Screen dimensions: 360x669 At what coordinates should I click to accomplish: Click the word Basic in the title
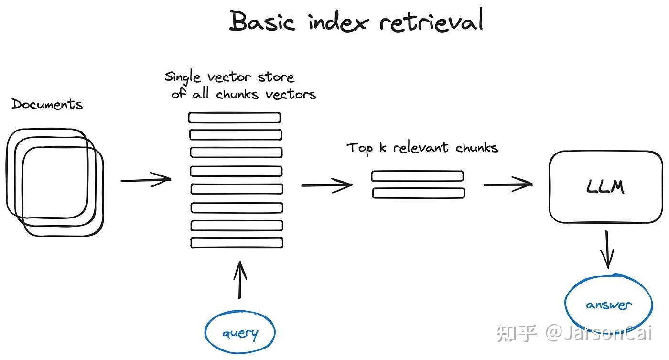coord(262,21)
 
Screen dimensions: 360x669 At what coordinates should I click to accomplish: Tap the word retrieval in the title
coord(431,21)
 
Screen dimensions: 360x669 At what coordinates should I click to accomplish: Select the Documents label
coord(47,104)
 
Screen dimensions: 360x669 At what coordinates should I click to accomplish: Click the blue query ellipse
coord(240,333)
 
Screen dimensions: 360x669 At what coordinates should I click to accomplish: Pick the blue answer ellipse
coord(608,305)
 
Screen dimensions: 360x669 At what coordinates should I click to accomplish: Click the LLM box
coord(605,187)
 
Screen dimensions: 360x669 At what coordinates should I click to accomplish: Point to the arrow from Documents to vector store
coord(146,180)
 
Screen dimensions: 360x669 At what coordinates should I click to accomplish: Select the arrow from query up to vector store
coord(240,280)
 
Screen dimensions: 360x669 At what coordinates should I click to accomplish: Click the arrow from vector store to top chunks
coord(326,185)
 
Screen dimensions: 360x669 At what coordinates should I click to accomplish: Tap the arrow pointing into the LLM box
coord(508,184)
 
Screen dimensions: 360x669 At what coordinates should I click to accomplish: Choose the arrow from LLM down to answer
coord(607,250)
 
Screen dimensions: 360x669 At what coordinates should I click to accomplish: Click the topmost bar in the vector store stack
coord(234,118)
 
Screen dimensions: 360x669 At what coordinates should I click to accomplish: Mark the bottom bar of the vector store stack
coord(237,242)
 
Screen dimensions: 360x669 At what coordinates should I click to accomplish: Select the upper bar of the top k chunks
coord(417,176)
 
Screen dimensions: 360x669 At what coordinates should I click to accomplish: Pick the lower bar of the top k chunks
coord(419,193)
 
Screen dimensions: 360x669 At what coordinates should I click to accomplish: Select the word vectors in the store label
coord(291,94)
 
